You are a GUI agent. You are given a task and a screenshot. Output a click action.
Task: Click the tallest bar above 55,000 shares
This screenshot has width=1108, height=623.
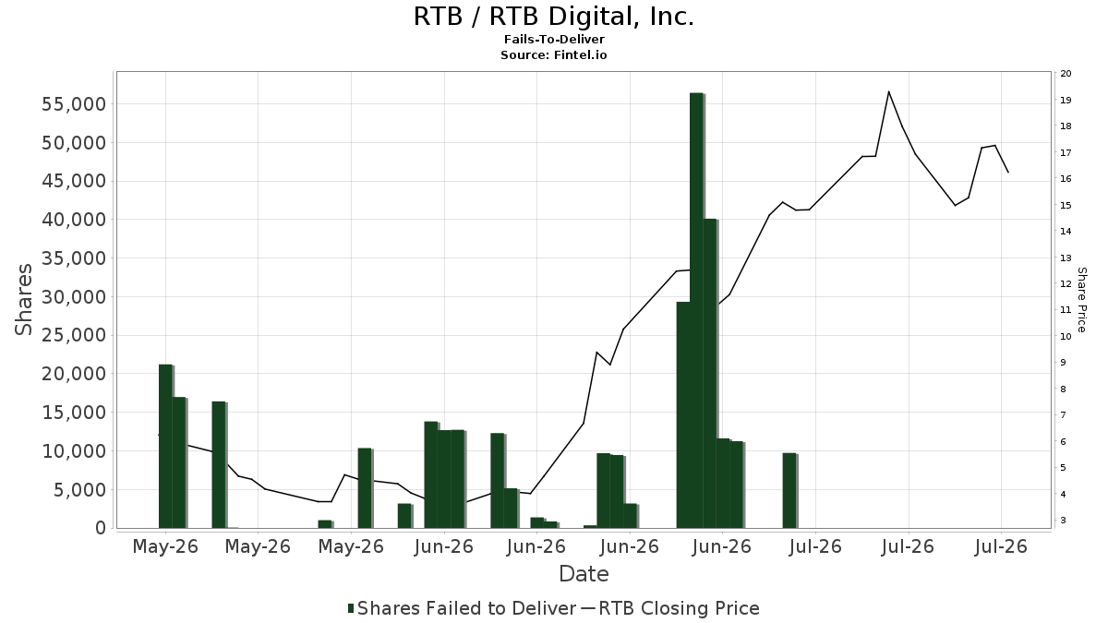pos(696,310)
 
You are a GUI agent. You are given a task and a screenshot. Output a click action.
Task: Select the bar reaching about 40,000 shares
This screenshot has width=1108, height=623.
pos(710,373)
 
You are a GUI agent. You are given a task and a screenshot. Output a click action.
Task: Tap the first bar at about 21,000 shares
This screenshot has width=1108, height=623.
pos(165,447)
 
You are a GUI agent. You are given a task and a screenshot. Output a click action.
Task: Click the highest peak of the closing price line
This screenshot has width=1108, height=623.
pos(888,91)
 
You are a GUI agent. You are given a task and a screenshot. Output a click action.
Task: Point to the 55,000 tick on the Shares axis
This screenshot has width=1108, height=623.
pos(73,104)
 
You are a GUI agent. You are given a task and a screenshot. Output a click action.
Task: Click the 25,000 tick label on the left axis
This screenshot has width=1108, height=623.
pos(73,335)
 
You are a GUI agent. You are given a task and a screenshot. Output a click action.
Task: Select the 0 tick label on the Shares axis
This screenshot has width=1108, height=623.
pos(101,528)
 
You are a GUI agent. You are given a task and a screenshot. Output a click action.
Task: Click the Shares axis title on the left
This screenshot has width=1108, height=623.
pos(23,299)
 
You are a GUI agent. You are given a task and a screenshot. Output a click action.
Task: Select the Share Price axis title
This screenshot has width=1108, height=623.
pos(1082,300)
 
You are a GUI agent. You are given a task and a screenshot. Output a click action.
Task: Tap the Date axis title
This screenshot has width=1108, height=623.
pos(584,574)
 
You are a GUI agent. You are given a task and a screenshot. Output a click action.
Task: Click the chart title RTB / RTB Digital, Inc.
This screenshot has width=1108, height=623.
pos(554,17)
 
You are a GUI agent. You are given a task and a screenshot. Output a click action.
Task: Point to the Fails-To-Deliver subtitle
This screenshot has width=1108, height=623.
pos(554,39)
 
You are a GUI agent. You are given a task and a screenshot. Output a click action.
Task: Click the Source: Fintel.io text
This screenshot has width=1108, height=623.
pos(553,54)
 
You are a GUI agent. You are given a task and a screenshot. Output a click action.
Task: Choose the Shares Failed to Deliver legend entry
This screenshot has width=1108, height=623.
pos(463,608)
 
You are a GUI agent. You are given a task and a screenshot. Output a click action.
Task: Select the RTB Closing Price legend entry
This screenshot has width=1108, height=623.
pos(670,608)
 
